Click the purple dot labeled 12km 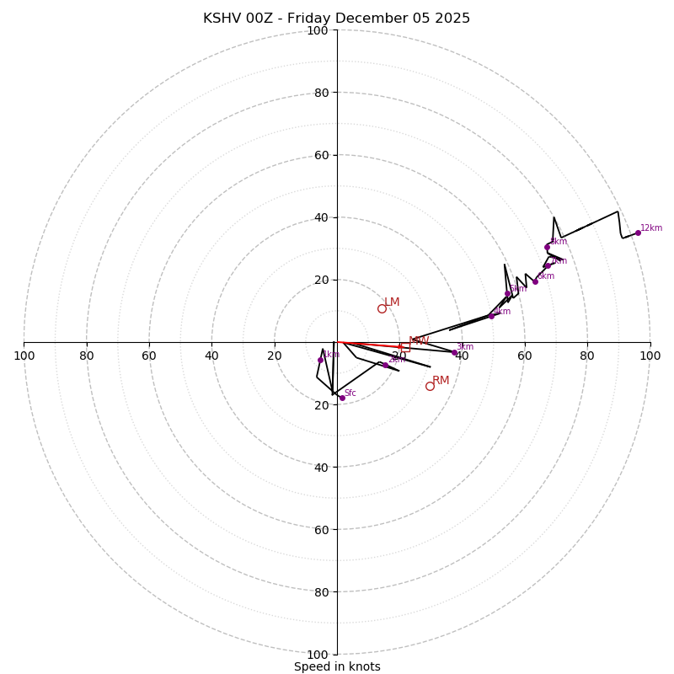(638, 233)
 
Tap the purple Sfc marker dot (341, 398)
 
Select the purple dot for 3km (454, 352)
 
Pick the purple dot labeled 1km (320, 360)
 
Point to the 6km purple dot (535, 281)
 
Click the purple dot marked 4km (491, 316)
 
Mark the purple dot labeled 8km (547, 247)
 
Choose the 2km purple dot (385, 365)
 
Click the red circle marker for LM (382, 308)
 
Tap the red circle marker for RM (430, 386)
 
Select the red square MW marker (405, 345)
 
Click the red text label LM (392, 302)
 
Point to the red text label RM (441, 380)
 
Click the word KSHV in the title (221, 19)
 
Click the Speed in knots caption (337, 666)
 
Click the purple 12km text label (651, 227)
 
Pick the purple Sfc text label (350, 393)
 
